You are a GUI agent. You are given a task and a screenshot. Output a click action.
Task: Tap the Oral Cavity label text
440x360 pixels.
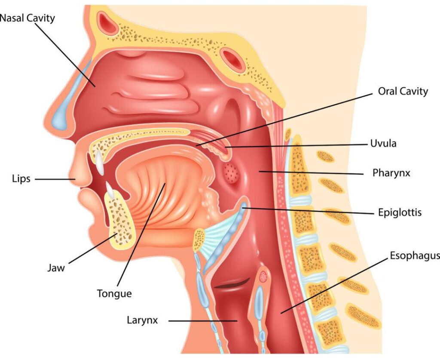tap(403, 91)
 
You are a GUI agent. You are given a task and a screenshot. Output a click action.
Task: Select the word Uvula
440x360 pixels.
tap(383, 144)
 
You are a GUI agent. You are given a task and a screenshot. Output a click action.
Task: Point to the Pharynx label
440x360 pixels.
tap(391, 173)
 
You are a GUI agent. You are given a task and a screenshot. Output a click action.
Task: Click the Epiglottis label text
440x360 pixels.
tap(400, 212)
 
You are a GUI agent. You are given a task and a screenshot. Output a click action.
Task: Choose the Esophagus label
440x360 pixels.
tap(415, 256)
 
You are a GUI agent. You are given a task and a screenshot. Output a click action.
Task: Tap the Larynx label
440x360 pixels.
tap(143, 320)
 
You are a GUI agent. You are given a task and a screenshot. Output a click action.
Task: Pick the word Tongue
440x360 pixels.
tap(114, 294)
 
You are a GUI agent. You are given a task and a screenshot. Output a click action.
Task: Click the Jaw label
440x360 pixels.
tap(56, 268)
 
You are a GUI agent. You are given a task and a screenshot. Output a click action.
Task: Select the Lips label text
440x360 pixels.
tap(21, 179)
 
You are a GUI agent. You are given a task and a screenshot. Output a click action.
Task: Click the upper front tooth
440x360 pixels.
tap(99, 162)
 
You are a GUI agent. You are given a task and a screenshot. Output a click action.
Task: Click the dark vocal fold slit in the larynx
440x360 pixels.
tap(232, 283)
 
